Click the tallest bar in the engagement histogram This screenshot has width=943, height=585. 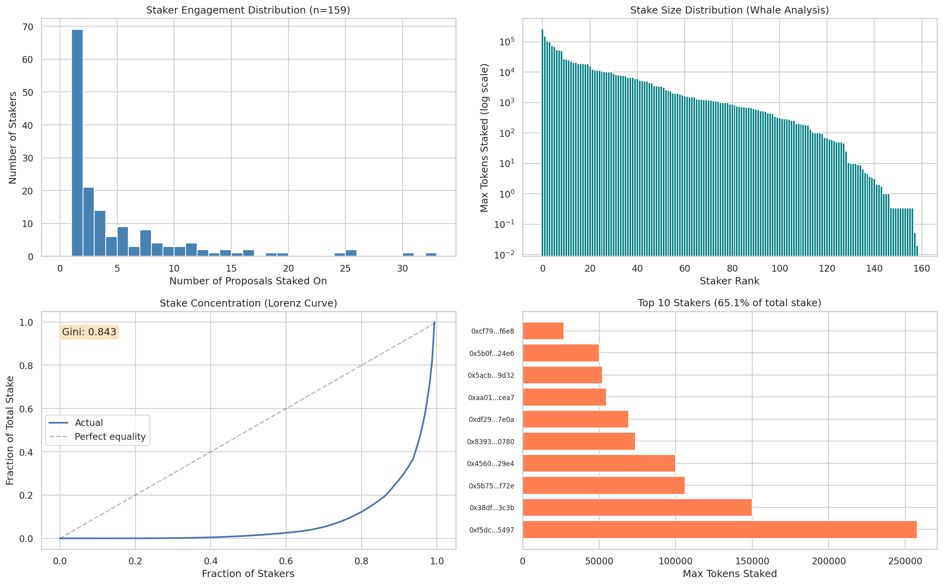tap(77, 143)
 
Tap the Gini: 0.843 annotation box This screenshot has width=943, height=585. tap(89, 332)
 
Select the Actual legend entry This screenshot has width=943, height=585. tap(88, 423)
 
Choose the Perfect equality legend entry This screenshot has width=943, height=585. tap(110, 437)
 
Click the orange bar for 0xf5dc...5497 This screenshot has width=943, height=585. tap(719, 530)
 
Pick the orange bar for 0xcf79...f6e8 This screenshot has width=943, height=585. tap(543, 331)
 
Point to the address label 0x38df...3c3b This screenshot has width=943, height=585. tap(492, 508)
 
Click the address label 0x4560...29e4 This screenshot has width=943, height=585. tap(490, 464)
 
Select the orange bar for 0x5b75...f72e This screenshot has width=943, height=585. tap(603, 486)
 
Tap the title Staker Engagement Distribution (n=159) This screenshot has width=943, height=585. tap(248, 10)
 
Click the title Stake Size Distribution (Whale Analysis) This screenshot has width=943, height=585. tap(729, 10)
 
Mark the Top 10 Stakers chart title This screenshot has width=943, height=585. tap(729, 303)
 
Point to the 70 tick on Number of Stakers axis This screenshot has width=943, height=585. tap(28, 27)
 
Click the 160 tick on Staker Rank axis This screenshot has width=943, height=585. tap(922, 268)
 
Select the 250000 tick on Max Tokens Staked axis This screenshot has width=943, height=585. tap(905, 561)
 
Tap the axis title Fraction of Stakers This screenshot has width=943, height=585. tap(248, 574)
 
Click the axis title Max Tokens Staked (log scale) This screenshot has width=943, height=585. tap(484, 138)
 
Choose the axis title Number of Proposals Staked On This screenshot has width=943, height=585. tap(248, 281)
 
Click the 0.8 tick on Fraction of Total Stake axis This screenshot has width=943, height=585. tap(26, 365)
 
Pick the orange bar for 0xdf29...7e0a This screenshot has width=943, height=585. tap(575, 419)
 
